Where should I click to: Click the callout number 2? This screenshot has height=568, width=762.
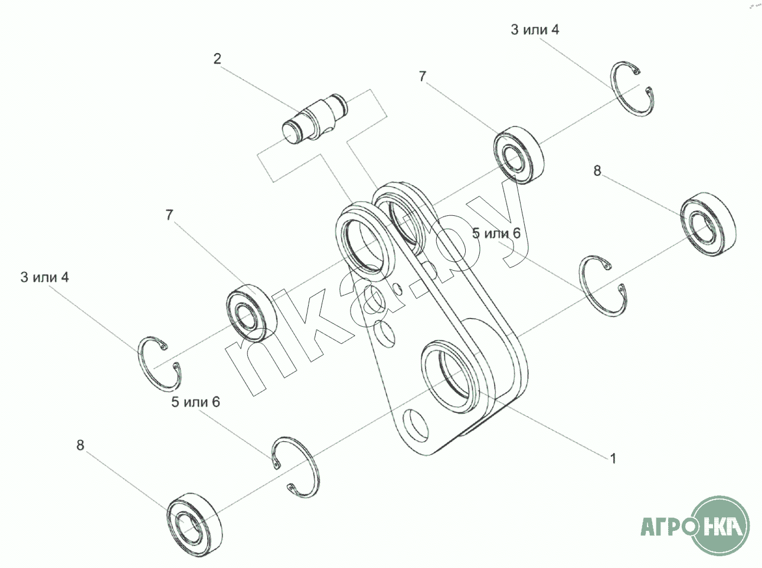(x=217, y=59)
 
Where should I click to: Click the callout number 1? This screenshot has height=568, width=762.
(x=613, y=458)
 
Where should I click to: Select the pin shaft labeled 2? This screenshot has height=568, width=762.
(x=314, y=119)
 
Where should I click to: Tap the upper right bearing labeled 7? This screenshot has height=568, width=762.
(x=519, y=155)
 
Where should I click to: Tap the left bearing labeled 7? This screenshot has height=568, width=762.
(x=251, y=313)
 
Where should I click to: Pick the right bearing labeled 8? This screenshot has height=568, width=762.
(x=708, y=224)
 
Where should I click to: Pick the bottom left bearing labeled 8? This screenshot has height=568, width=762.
(x=194, y=525)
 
